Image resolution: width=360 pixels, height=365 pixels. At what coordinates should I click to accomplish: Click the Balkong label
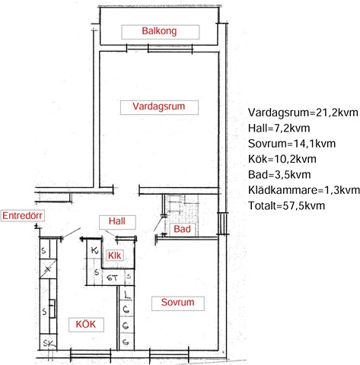[x=159, y=31]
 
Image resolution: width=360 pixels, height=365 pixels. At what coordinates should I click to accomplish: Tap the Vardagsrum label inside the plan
[x=159, y=106]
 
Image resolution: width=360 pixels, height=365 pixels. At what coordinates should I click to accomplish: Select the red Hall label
[x=117, y=221]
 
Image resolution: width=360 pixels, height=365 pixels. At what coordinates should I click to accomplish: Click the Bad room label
[x=182, y=229]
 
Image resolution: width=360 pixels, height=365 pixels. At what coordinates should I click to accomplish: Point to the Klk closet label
[x=115, y=255]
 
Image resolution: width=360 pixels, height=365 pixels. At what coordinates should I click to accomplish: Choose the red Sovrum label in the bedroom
[x=178, y=302]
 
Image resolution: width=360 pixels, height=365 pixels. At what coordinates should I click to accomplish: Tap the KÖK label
[x=86, y=324]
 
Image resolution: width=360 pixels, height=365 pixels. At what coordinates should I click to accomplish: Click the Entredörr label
[x=22, y=216]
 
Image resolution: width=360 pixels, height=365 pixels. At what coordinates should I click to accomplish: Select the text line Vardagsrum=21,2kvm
[x=303, y=113]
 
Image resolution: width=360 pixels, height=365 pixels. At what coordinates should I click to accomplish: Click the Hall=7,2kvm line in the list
[x=279, y=128]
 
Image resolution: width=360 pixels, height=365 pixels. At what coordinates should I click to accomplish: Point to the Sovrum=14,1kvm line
[x=292, y=144]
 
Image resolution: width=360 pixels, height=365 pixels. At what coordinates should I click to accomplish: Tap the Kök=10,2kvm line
[x=282, y=159]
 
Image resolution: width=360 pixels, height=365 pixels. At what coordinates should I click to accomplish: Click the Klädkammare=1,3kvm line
[x=304, y=190]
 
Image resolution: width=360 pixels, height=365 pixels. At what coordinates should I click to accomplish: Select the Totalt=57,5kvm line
[x=286, y=205]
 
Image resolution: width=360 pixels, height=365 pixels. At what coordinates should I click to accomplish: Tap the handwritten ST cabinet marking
[x=113, y=278]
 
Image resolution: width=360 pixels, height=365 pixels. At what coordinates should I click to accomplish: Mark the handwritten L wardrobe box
[x=126, y=294]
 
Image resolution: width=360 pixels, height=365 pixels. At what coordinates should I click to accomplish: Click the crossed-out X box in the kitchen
[x=48, y=268]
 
